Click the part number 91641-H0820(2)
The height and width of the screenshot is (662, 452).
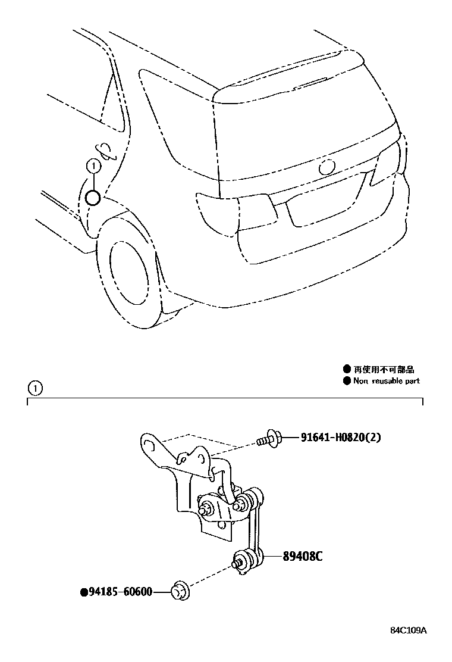[x=335, y=438]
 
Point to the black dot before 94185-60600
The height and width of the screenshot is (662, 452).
[x=83, y=592]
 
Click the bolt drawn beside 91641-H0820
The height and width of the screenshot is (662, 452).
[x=268, y=439]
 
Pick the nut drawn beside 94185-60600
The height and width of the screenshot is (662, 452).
[x=180, y=591]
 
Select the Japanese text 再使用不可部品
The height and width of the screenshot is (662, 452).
[x=384, y=370]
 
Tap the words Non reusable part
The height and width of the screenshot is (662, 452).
[x=387, y=381]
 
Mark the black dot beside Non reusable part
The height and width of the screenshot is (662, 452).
[x=347, y=381]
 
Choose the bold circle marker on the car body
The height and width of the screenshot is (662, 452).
[x=92, y=197]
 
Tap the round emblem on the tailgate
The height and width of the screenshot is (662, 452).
[x=327, y=167]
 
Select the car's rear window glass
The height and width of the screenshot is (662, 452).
[x=297, y=128]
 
